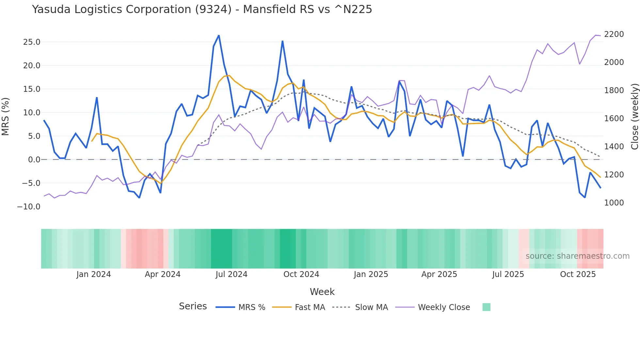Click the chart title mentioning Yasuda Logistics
coord(202,9)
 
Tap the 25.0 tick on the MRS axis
coord(32,42)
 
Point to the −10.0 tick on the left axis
coord(29,207)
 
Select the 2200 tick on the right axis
coord(614,34)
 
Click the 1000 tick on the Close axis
coord(614,203)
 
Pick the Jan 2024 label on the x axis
coord(94,274)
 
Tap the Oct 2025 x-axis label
coord(578,274)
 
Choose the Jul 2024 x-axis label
coord(231,274)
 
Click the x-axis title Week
coord(322,292)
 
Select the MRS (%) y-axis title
coord(6,116)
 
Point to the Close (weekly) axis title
coord(634,116)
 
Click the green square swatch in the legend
coord(486,307)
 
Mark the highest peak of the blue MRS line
coord(219,35)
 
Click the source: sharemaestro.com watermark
coord(577,256)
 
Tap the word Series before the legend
coord(193,306)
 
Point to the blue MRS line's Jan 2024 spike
coord(97,98)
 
